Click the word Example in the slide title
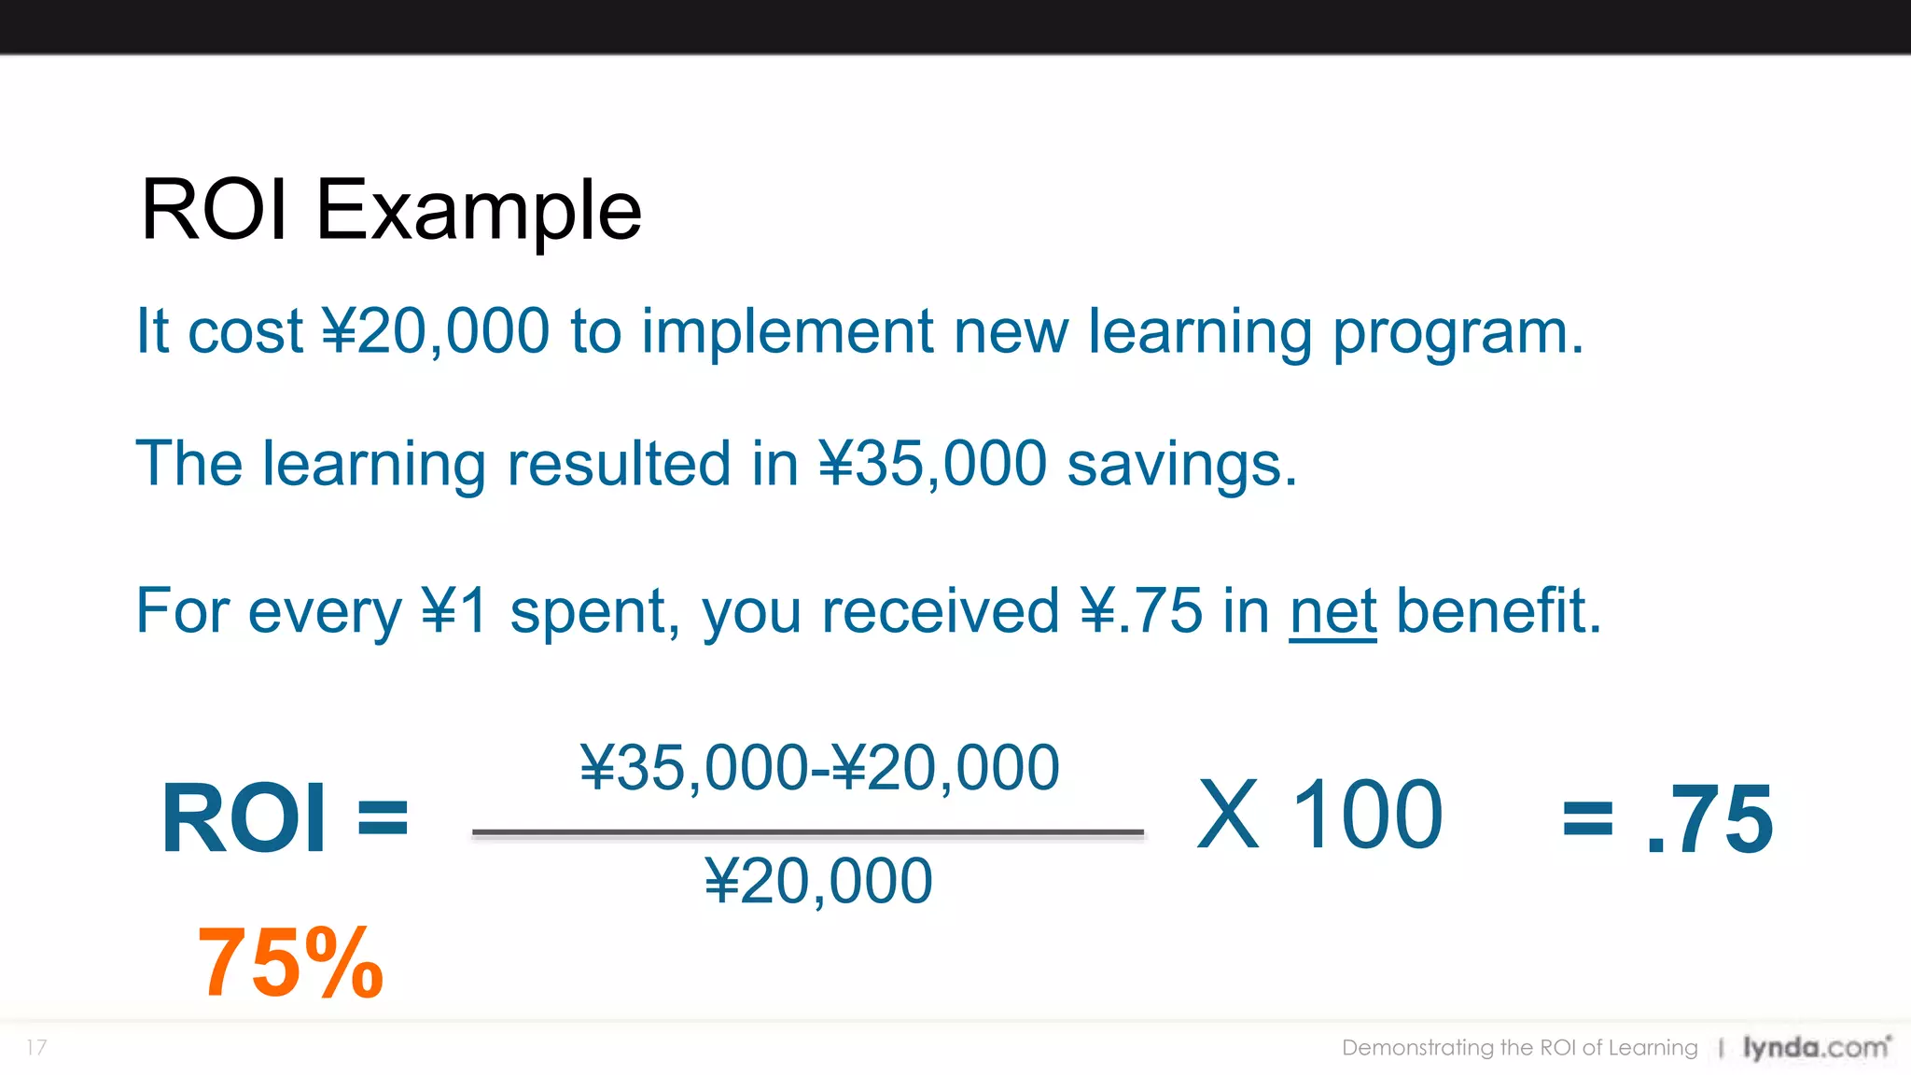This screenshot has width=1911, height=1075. tap(479, 211)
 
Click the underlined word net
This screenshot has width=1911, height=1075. tap(1332, 611)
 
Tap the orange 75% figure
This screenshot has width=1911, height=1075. tap(290, 963)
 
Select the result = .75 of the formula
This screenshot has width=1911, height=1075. tap(1667, 818)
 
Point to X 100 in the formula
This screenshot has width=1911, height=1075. tap(1319, 815)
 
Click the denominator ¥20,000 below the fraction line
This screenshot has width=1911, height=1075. tap(818, 880)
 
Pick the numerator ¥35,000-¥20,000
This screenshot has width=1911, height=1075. tap(819, 768)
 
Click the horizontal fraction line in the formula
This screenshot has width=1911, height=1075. tap(807, 831)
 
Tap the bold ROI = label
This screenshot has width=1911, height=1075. tap(285, 818)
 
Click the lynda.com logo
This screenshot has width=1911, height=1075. tap(1816, 1047)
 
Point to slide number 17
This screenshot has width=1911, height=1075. tap(36, 1047)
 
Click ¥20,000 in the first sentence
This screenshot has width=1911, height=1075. tap(436, 331)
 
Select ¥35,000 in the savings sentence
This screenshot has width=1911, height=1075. tap(932, 464)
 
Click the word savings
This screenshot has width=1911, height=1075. tap(1180, 464)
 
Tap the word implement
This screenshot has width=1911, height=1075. tap(787, 331)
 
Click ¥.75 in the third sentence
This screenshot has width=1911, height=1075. tap(1140, 611)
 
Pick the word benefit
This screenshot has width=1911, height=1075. tap(1498, 611)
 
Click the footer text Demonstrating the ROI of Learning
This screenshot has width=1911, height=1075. tap(1519, 1047)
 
